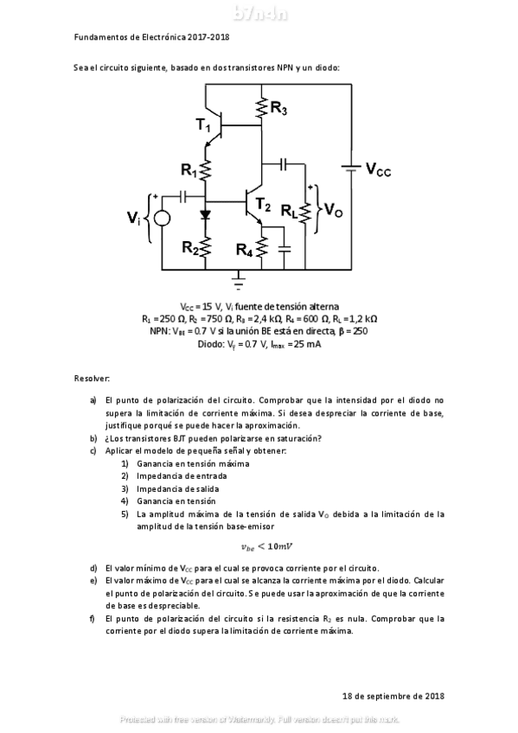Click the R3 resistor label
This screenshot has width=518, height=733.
279,108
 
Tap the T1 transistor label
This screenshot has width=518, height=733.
203,126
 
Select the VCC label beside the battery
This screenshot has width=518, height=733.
378,170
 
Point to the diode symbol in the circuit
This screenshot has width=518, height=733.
206,214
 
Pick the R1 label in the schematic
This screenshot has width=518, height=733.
189,171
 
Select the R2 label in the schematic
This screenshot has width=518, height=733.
190,246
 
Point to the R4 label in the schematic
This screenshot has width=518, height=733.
246,250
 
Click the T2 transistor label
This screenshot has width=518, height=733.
263,206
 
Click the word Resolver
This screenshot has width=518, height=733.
92,379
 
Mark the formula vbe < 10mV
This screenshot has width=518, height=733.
267,545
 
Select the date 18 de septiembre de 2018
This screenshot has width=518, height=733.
393,695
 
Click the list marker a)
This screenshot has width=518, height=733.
93,401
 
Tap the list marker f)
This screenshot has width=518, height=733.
93,619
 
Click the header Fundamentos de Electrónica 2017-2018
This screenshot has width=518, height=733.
151,37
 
